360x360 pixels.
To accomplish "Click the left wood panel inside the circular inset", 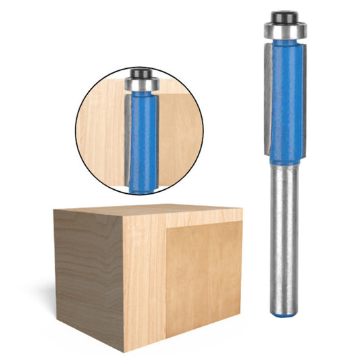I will (101, 128).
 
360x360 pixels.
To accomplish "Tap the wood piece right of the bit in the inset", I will (179, 135).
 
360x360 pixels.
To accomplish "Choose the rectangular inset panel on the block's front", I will (203, 277).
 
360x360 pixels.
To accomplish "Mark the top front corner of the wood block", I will (122, 225).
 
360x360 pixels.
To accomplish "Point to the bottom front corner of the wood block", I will (126, 342).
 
